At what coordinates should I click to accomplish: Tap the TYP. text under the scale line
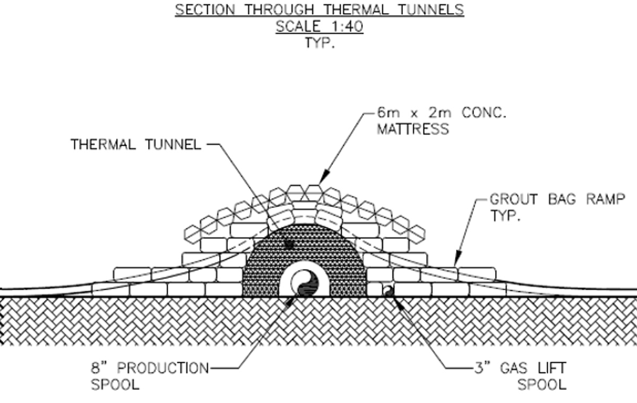point(319,43)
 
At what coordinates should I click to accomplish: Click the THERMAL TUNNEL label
point(136,145)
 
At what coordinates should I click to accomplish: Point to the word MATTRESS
point(412,129)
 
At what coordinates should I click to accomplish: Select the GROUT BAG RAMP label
point(557,200)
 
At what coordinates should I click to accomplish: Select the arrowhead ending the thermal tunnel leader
point(289,244)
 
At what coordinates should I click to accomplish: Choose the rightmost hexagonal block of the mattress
point(417,232)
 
